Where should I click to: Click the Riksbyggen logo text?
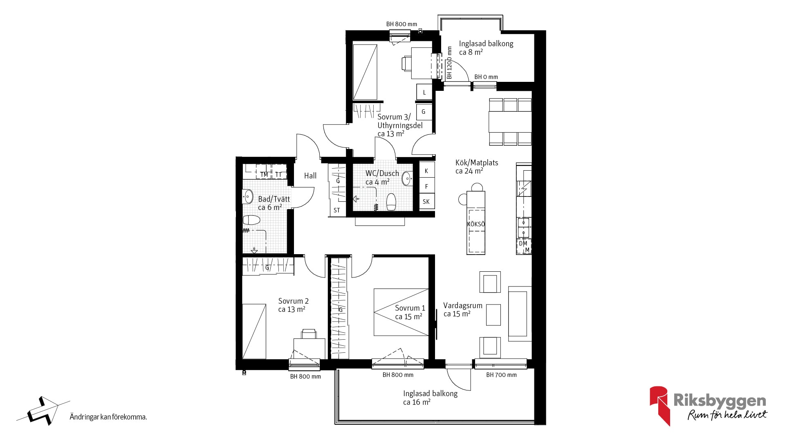pyautogui.click(x=720, y=401)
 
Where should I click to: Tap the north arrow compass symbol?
pyautogui.click(x=43, y=410)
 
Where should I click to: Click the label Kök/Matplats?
pyautogui.click(x=477, y=162)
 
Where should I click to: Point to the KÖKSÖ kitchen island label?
pyautogui.click(x=476, y=224)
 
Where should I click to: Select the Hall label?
pyautogui.click(x=310, y=176)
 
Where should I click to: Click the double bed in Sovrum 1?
pyautogui.click(x=401, y=312)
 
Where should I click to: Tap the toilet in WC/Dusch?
pyautogui.click(x=391, y=202)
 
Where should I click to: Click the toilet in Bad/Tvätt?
pyautogui.click(x=251, y=220)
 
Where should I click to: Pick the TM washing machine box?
pyautogui.click(x=264, y=172)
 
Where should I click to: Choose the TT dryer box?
pyautogui.click(x=279, y=172)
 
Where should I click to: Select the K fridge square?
pyautogui.click(x=427, y=171)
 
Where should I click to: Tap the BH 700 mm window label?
pyautogui.click(x=501, y=375)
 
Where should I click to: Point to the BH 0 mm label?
pyautogui.click(x=486, y=77)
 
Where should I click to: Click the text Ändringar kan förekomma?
pyautogui.click(x=108, y=417)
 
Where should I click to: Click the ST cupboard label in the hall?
pyautogui.click(x=336, y=210)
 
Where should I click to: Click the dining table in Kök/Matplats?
pyautogui.click(x=510, y=122)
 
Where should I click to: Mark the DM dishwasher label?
pyautogui.click(x=523, y=244)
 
